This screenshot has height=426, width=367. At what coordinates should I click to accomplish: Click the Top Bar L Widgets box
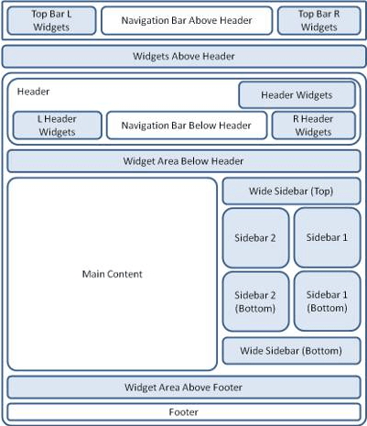coord(51,20)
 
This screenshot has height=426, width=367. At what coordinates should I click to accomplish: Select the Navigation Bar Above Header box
coord(187,20)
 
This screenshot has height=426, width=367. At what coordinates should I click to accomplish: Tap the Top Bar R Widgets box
coord(319,20)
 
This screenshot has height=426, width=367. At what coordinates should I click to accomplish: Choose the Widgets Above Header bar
coord(184,57)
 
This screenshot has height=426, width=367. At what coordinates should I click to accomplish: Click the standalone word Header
coord(33,92)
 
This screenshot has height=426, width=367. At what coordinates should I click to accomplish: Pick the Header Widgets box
coord(297,95)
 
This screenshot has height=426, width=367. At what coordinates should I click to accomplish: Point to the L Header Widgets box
coord(58,126)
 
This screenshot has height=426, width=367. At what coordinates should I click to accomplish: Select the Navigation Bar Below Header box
coord(187,126)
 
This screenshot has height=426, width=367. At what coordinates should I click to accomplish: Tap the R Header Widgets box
coord(314,126)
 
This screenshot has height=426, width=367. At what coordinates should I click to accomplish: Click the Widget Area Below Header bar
coord(184,161)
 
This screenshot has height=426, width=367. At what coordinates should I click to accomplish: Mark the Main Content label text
coord(113,274)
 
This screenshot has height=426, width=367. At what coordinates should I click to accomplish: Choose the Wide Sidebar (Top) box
coord(291,191)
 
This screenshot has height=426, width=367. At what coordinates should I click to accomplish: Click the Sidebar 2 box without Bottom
coord(255,238)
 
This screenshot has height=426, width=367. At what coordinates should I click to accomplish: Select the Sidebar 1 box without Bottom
coord(328,237)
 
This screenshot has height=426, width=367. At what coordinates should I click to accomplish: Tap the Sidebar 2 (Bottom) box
coord(255,301)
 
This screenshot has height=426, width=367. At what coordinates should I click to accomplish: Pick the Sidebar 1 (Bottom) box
coord(328,301)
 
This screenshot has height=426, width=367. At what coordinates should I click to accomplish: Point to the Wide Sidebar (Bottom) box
coord(291,351)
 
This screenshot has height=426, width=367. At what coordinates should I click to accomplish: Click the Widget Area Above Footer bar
coord(184,388)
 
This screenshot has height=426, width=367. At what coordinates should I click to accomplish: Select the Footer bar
coord(184,412)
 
